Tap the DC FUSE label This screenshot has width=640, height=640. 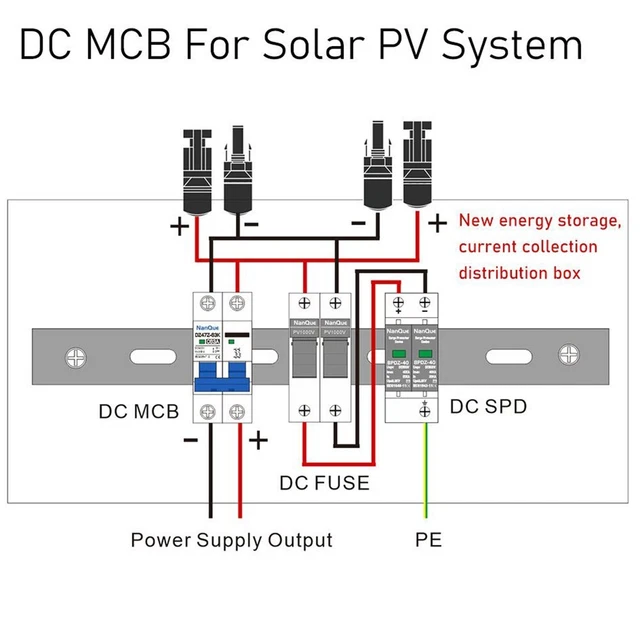[324, 483]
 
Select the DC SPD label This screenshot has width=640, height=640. [488, 407]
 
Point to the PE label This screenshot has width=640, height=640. [428, 541]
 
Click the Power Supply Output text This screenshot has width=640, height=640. [231, 541]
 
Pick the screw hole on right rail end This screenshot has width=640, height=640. [568, 355]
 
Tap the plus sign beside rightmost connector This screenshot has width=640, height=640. [437, 222]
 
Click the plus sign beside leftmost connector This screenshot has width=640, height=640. [179, 226]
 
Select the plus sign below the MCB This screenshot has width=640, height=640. [258, 439]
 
